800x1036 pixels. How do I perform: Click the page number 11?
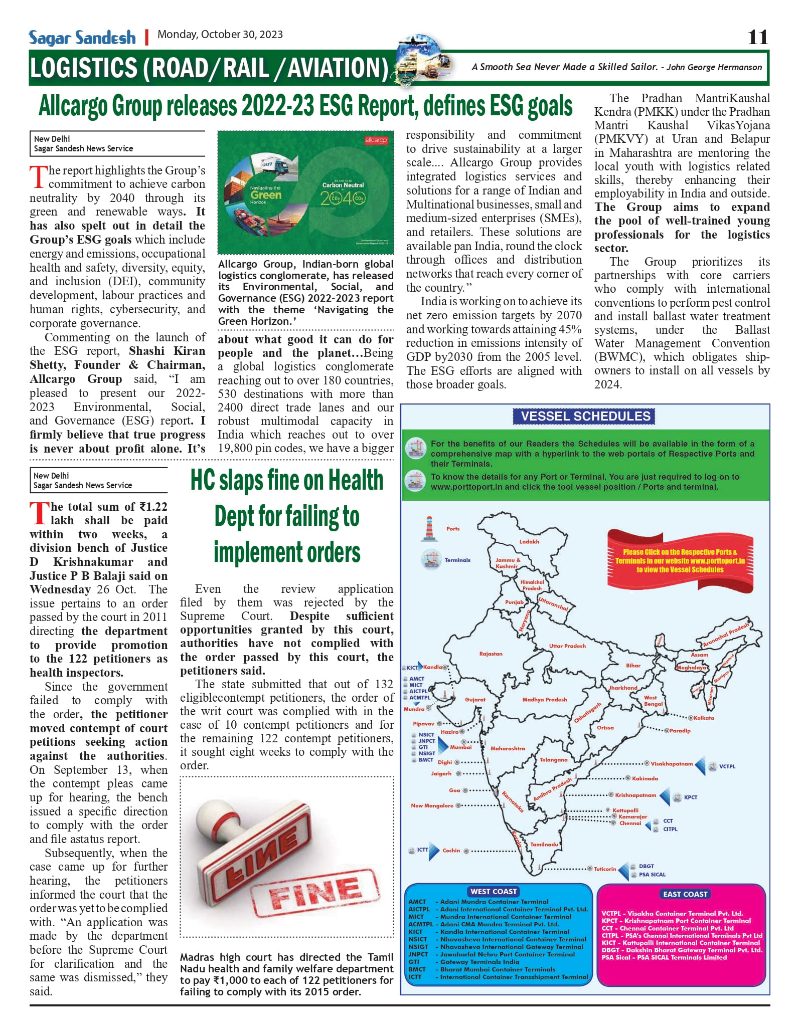757,37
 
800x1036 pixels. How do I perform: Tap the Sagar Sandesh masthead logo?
82,38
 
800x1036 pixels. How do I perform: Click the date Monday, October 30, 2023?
220,35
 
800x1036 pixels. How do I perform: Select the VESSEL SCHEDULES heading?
585,416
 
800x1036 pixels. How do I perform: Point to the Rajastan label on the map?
491,654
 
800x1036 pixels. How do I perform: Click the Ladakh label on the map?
529,542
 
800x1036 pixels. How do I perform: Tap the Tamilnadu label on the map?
544,845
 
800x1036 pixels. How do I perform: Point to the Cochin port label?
451,851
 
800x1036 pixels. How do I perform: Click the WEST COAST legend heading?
494,892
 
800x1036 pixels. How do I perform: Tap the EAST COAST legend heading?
685,894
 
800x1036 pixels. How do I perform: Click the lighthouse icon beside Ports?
429,529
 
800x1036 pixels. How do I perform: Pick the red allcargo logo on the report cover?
376,141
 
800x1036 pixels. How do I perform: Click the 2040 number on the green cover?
343,198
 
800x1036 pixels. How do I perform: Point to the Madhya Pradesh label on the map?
544,700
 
